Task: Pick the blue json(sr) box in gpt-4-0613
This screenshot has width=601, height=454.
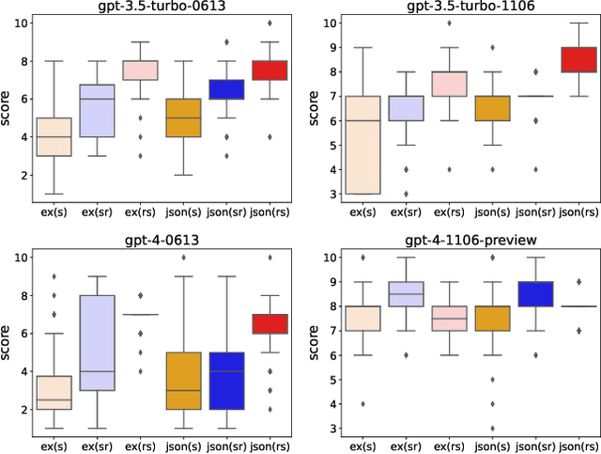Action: (x=226, y=381)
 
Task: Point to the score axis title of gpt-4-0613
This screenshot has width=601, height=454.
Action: (x=8, y=342)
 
